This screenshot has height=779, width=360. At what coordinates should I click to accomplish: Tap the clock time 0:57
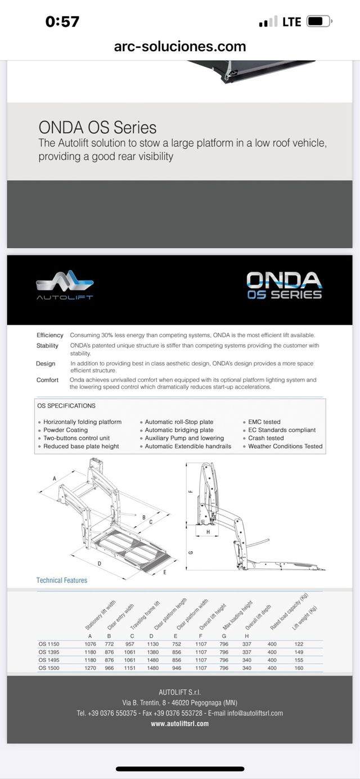[x=62, y=22]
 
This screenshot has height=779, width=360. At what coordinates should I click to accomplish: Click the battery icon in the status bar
[x=319, y=22]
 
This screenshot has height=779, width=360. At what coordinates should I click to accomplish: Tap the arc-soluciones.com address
[x=179, y=46]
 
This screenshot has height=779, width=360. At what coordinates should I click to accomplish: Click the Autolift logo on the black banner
[x=65, y=285]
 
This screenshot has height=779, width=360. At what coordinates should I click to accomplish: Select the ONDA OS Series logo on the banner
[x=284, y=285]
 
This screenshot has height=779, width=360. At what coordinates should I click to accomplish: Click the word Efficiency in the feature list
[x=50, y=335]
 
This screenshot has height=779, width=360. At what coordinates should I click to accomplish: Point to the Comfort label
[x=47, y=380]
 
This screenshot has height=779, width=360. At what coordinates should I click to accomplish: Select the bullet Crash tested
[x=265, y=438]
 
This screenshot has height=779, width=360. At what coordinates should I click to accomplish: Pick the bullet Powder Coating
[x=65, y=430]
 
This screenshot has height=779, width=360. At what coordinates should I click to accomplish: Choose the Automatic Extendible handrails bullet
[x=188, y=447]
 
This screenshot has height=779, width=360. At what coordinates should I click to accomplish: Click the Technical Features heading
[x=62, y=580]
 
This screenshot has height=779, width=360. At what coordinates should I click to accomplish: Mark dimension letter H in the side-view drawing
[x=208, y=532]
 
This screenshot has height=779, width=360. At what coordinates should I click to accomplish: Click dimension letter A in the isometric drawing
[x=55, y=478]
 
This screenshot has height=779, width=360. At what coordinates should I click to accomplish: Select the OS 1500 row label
[x=49, y=668]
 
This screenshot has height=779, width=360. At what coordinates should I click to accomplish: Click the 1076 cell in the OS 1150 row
[x=90, y=644]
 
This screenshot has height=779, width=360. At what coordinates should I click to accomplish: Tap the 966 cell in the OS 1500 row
[x=109, y=668]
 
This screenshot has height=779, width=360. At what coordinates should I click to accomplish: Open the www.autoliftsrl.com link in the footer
[x=179, y=724]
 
